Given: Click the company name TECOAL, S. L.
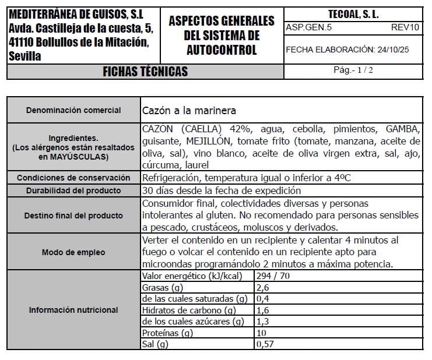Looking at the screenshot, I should click(353, 14).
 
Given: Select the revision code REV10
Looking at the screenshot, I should click(405, 27).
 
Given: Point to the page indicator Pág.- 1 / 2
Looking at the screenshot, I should click(353, 70).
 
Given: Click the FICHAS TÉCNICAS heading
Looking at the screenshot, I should click(145, 72).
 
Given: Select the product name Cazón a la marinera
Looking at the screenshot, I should click(189, 110).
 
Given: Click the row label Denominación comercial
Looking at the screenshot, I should click(74, 110).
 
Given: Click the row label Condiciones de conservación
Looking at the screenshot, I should click(74, 178).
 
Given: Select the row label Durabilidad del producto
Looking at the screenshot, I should click(74, 190).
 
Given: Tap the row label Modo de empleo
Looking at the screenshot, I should click(74, 252).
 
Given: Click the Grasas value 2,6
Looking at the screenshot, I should click(262, 287).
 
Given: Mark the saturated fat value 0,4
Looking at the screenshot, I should click(262, 299).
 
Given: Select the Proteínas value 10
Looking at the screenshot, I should click(261, 333).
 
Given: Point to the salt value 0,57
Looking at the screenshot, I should click(265, 344).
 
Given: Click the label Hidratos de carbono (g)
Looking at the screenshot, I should click(189, 310).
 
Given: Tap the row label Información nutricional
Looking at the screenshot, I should click(74, 310).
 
